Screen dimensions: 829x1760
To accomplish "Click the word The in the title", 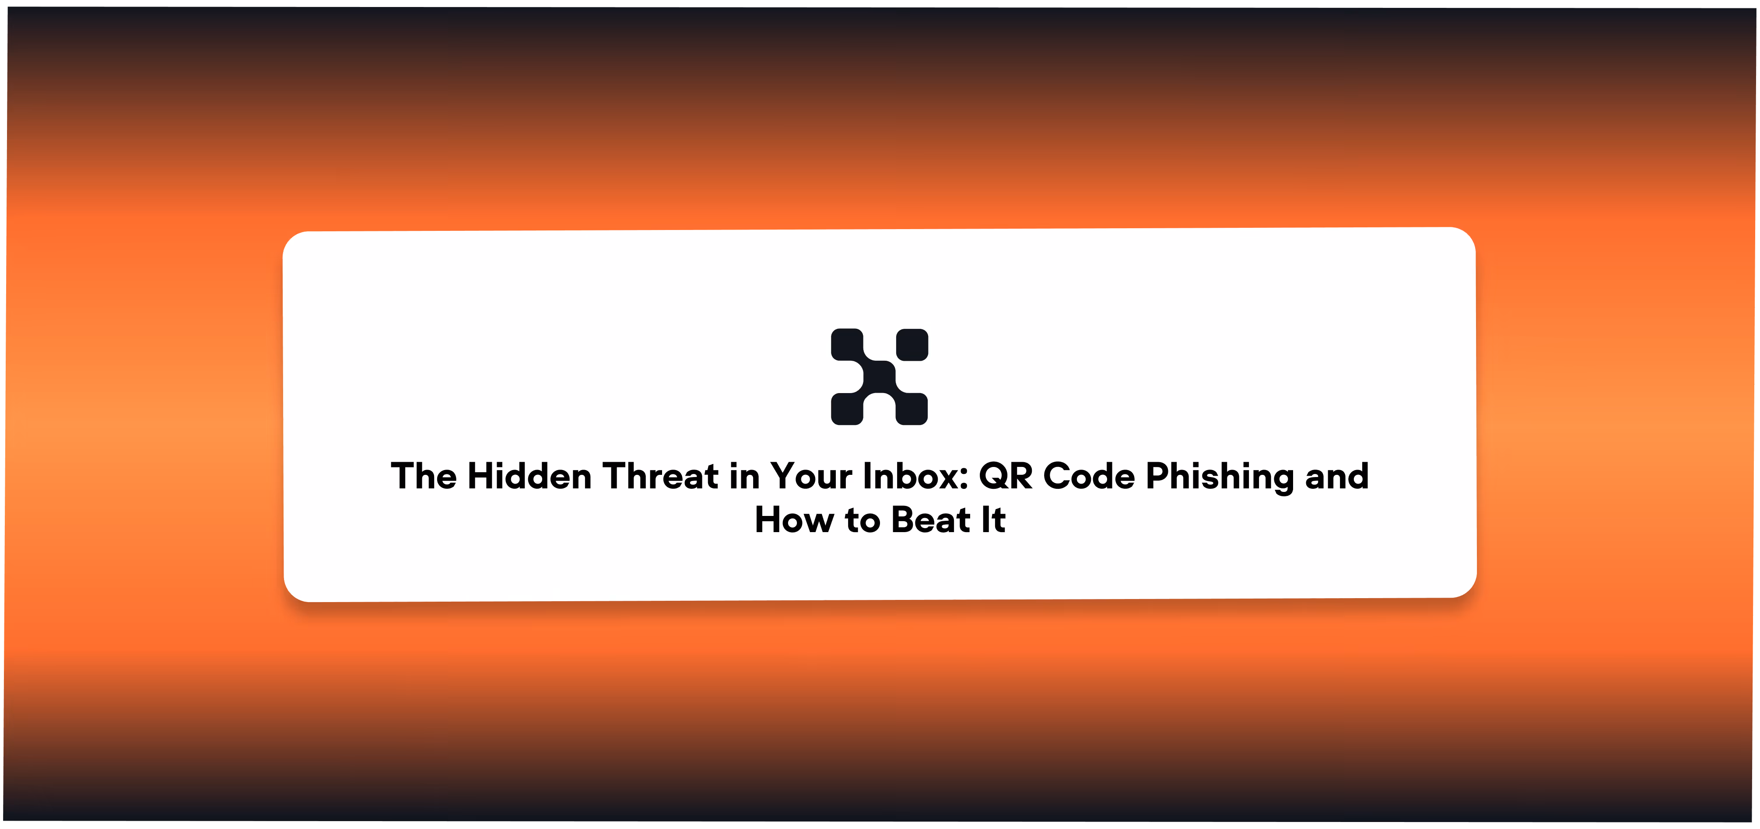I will point(424,476).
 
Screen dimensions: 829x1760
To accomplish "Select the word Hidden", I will point(529,476).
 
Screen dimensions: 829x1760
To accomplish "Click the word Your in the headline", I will point(812,476).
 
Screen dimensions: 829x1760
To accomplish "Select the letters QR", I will point(1006,476).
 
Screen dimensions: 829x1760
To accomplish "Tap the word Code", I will point(1089,476).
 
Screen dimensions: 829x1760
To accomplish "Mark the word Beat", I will point(931,520).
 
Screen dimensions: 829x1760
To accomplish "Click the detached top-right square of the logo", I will point(912,345).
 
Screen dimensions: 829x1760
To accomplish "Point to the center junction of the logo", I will point(879,377).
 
